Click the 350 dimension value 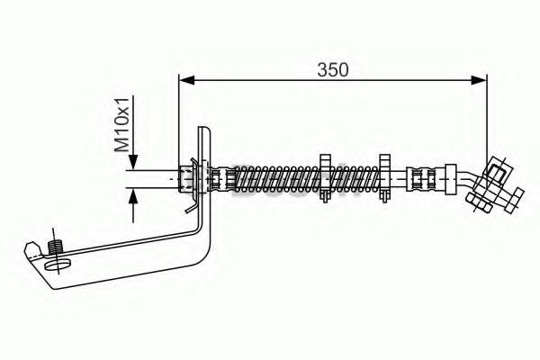[x=333, y=70]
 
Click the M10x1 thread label [x=121, y=124]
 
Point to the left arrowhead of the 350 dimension [x=187, y=80]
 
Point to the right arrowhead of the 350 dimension [x=479, y=80]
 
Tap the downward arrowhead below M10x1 [x=133, y=163]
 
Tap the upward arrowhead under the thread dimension [x=133, y=195]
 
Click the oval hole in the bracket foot [x=58, y=265]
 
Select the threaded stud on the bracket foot [x=55, y=247]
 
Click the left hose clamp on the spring [x=325, y=178]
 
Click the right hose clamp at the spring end [x=384, y=178]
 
